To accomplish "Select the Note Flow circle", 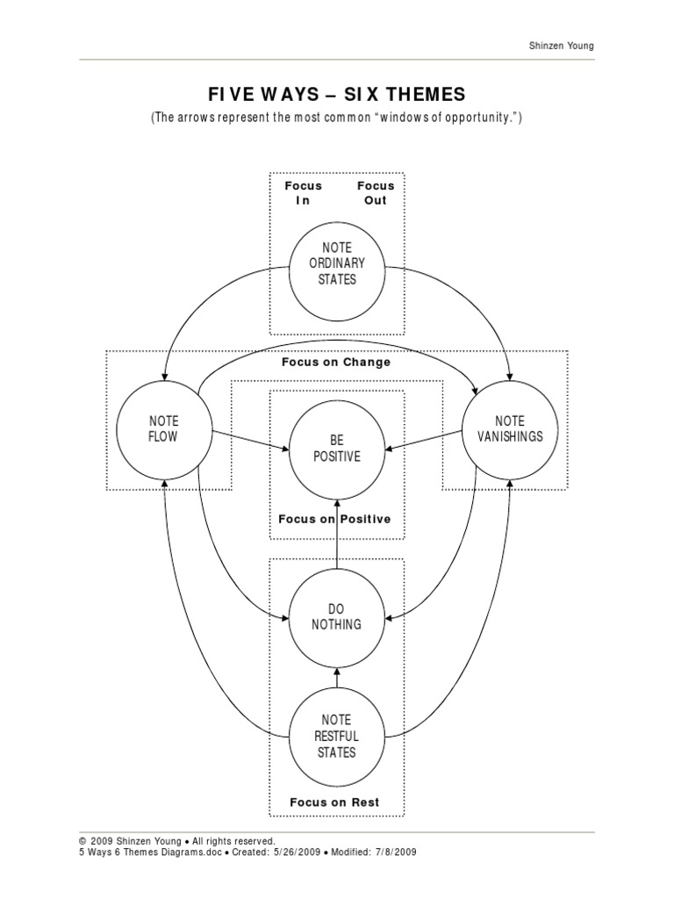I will point(163,428).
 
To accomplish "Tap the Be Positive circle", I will point(337,448).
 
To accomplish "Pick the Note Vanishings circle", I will point(510,428).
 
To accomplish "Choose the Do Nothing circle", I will point(337,616).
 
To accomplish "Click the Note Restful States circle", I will point(337,737).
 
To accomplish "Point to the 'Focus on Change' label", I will point(336,362).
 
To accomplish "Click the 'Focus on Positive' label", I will point(334,519).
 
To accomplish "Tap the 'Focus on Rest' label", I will point(334,802).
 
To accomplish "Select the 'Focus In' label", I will point(303,193).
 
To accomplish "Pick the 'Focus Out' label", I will point(375,193).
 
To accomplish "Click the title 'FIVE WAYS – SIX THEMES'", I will point(336,95).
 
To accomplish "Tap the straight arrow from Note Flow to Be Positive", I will point(249,440).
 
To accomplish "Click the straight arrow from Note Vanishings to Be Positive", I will point(425,440).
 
